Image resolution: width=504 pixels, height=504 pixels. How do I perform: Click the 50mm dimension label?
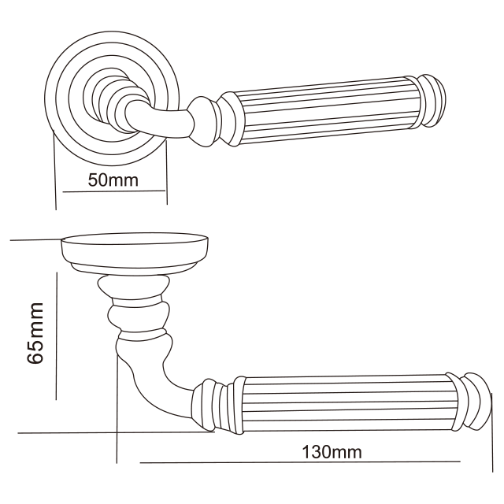coord(113,180)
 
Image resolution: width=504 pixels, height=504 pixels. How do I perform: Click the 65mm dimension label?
coord(35,333)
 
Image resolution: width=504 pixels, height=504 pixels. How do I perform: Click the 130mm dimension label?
coord(332,451)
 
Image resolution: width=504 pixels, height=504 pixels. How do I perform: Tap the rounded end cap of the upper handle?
coord(434,100)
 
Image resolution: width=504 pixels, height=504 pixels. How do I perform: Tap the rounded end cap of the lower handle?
coord(478,402)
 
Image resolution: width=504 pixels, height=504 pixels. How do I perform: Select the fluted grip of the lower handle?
coord(349,402)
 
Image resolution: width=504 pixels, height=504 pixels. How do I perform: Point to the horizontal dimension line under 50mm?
coord(114,191)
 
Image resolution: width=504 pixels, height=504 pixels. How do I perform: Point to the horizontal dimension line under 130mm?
coord(300,462)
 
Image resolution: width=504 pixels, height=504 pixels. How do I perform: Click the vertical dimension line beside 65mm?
coord(57,336)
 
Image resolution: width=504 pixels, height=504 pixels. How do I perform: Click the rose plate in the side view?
coord(134,253)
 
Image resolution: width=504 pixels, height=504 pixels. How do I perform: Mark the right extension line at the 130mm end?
coord(492,432)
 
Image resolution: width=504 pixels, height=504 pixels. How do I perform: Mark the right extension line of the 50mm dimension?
coord(167,172)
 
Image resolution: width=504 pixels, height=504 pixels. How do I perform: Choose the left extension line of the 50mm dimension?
coord(54,170)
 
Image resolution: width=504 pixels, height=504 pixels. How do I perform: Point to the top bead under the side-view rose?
coord(133,287)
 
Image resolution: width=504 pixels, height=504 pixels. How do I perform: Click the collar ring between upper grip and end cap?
coord(413,102)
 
